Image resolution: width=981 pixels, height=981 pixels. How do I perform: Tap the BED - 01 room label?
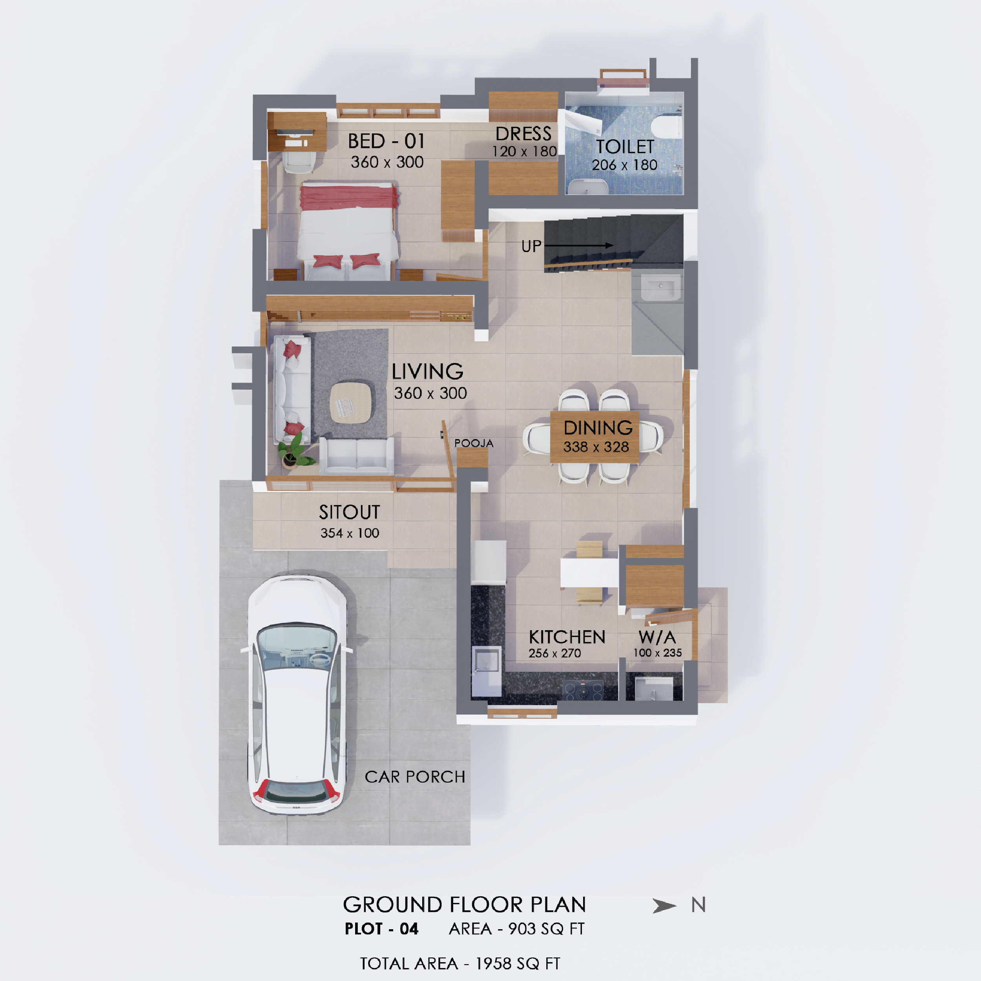386,141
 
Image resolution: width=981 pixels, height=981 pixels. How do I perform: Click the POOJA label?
474,443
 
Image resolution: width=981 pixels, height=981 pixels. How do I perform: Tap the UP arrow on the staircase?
578,245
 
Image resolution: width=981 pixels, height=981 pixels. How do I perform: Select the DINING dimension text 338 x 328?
596,447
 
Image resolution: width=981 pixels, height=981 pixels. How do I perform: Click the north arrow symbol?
664,905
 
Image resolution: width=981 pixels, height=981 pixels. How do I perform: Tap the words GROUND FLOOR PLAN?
464,905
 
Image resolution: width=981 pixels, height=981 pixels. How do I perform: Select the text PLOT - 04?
381,929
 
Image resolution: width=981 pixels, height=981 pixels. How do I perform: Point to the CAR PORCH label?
415,777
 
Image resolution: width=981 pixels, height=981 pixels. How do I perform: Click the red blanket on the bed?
349,197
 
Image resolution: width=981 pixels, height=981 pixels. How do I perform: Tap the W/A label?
657,637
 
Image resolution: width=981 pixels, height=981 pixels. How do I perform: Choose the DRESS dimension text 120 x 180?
524,151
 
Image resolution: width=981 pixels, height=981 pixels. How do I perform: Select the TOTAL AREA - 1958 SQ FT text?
460,964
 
